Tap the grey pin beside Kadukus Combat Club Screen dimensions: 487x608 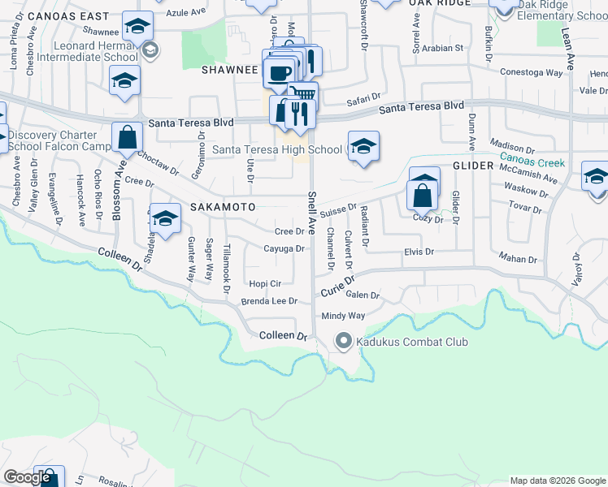pyautogui.click(x=343, y=342)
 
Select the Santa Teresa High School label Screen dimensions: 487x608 pyautogui.click(x=277, y=149)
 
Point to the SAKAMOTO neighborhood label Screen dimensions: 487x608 pyautogui.click(x=223, y=207)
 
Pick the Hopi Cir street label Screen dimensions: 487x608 pyautogui.click(x=265, y=283)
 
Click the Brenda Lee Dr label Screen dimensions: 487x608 pyautogui.click(x=270, y=301)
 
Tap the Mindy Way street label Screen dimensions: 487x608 pyautogui.click(x=343, y=316)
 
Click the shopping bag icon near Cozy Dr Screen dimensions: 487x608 pyautogui.click(x=423, y=196)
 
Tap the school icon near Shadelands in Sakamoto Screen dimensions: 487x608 pyautogui.click(x=165, y=218)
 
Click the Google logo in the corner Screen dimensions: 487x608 pyautogui.click(x=28, y=478)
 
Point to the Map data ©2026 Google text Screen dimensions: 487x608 pyautogui.click(x=558, y=481)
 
